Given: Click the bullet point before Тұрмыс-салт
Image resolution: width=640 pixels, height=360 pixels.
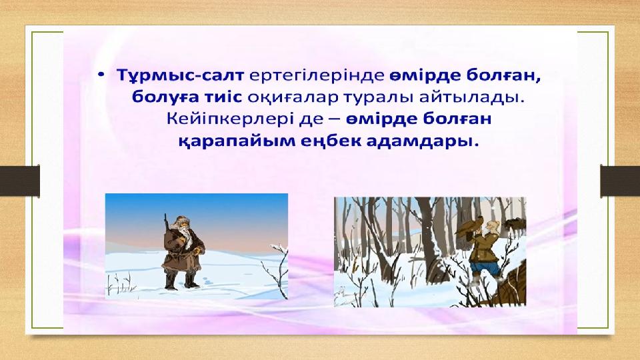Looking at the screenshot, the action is click(x=101, y=75).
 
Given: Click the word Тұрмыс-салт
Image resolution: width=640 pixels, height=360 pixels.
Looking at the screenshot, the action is click(x=180, y=75).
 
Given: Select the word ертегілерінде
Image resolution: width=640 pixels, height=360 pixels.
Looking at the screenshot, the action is click(x=317, y=76).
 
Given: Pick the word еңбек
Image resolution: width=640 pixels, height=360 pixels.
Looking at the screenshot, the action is click(x=328, y=141).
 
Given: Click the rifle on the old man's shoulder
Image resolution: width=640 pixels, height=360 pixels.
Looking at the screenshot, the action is click(x=166, y=229).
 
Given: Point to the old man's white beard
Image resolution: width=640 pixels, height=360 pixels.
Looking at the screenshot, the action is click(x=185, y=235).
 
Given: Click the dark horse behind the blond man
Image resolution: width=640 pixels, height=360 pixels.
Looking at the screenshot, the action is click(x=514, y=225).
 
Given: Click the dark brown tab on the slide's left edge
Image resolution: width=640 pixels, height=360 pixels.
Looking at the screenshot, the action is click(x=19, y=181).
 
